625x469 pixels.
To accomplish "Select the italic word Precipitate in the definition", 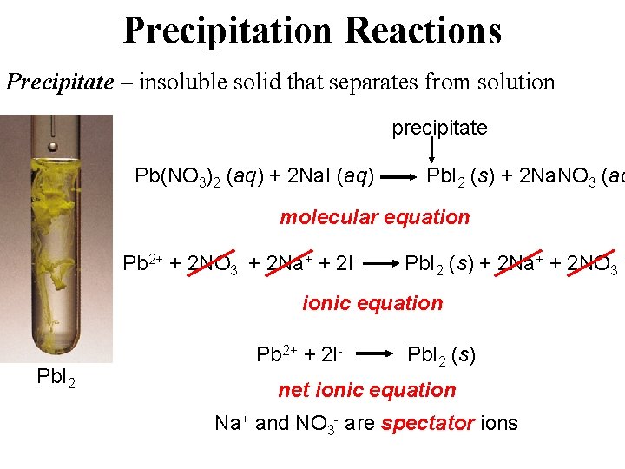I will click(x=60, y=82).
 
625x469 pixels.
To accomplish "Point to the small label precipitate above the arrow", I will click(x=439, y=129).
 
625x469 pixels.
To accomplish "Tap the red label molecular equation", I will click(x=374, y=217).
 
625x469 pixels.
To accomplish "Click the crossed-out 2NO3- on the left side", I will click(x=216, y=262).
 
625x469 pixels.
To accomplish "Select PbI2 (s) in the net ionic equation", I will click(x=441, y=354).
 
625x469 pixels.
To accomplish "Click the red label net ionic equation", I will click(x=366, y=390).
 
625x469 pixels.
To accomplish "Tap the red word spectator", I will click(x=426, y=424).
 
